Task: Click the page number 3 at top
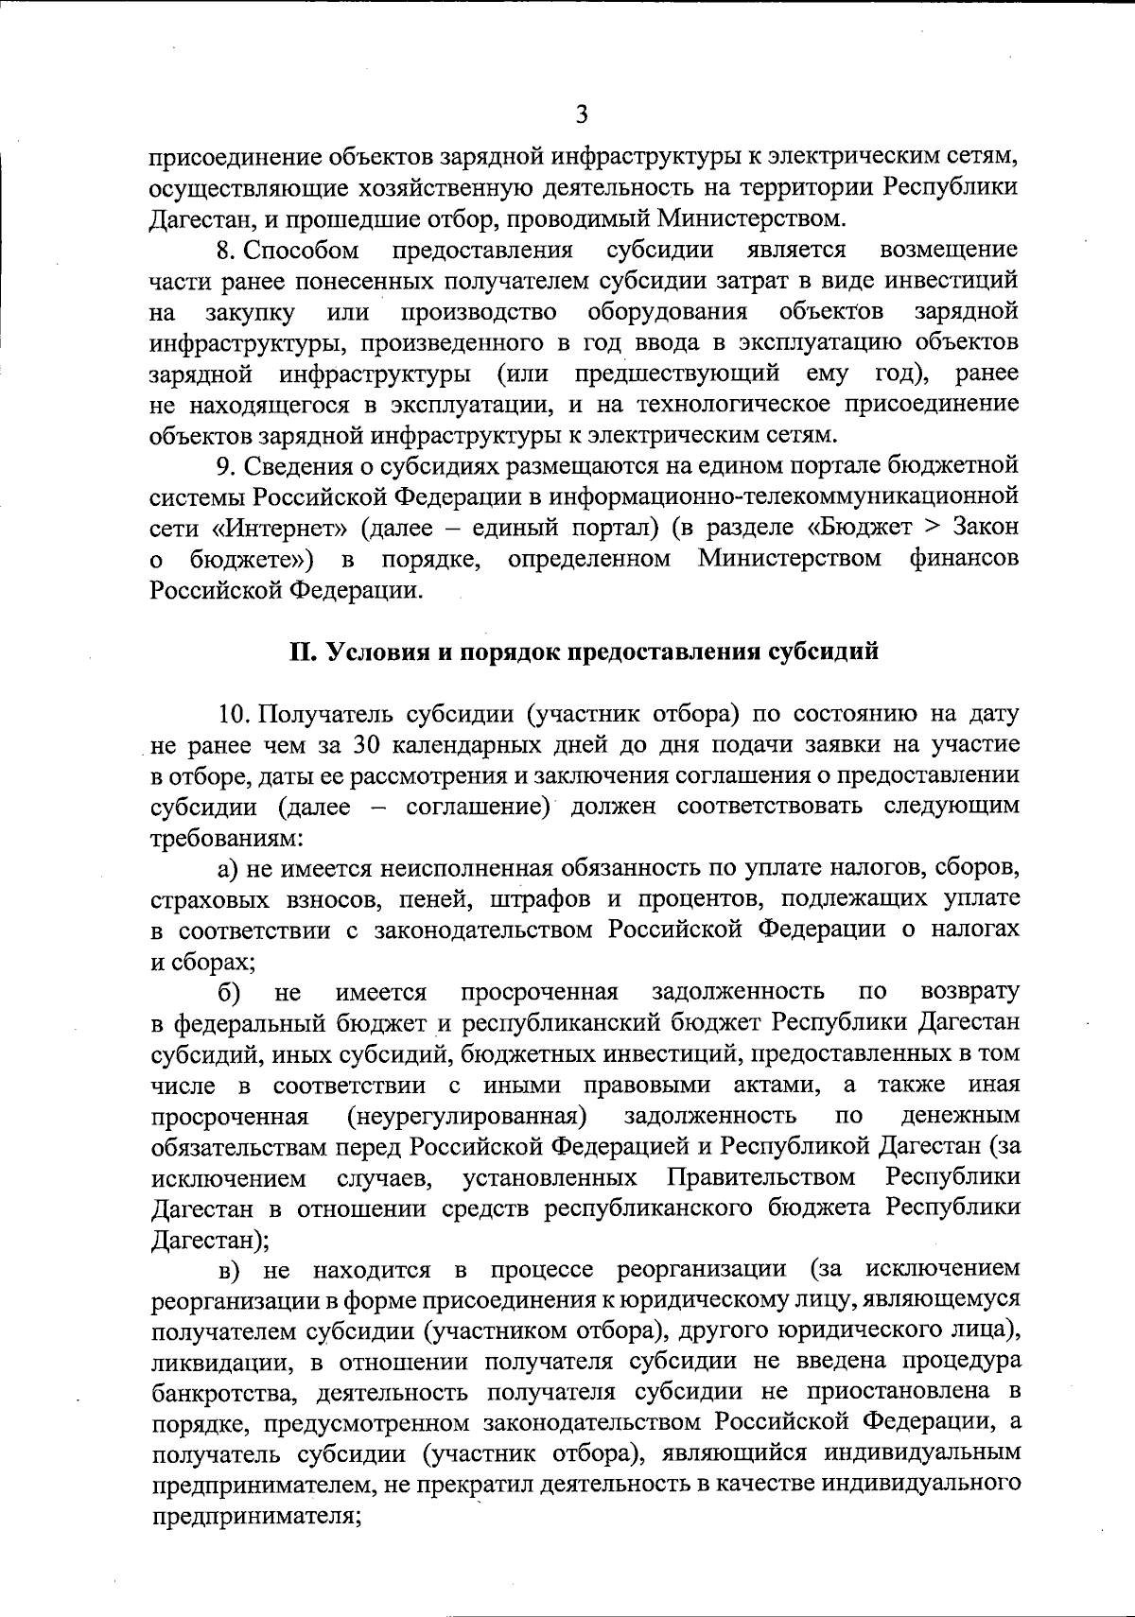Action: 582,114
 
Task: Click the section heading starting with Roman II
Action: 584,652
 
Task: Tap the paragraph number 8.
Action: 225,251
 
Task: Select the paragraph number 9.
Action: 224,466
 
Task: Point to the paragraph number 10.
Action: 232,714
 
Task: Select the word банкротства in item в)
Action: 228,1392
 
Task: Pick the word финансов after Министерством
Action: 966,559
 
